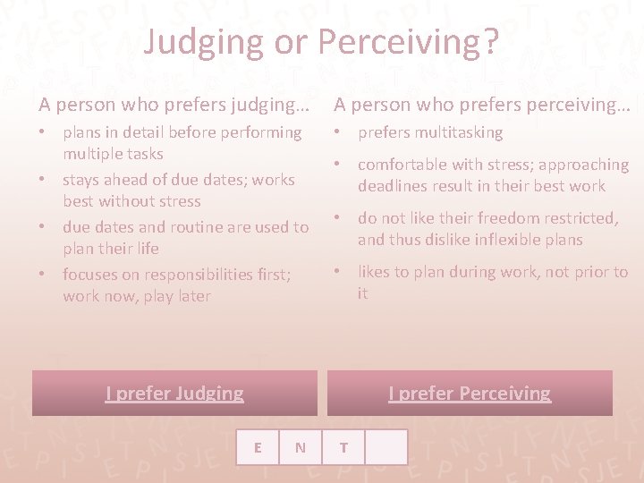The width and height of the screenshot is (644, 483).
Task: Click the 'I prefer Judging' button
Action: tap(174, 394)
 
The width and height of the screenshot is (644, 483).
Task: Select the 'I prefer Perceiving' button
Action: tap(470, 394)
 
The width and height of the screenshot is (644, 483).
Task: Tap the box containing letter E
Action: tap(258, 447)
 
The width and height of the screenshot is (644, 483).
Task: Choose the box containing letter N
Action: tap(301, 447)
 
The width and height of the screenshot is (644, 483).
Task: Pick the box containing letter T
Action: tap(343, 447)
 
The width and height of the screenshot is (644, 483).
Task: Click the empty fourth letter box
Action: tap(386, 447)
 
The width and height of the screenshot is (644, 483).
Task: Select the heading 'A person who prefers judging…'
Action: tap(174, 105)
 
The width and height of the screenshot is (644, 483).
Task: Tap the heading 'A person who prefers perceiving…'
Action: tap(482, 105)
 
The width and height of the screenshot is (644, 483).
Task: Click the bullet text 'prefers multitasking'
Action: tap(430, 132)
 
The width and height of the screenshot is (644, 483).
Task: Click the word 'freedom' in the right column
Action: tap(508, 218)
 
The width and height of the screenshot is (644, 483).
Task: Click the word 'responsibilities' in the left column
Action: tap(187, 275)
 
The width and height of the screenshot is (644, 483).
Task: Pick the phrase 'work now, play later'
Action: tap(137, 296)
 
